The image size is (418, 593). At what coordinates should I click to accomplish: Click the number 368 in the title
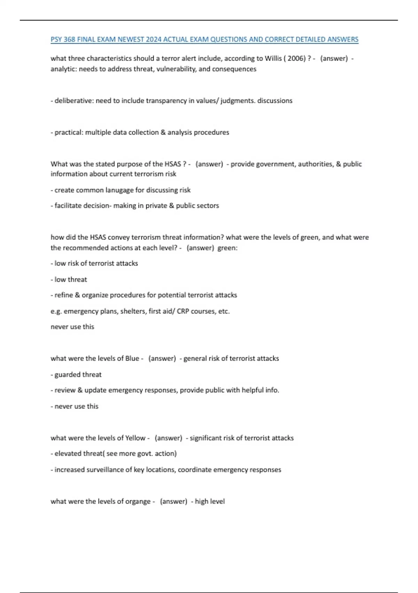tap(69, 39)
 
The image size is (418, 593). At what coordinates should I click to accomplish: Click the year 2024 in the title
tap(154, 39)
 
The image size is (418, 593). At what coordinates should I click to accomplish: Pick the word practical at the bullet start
tap(68, 133)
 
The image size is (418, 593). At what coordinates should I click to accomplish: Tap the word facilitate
tap(68, 206)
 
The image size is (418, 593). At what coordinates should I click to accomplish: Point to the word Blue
tap(132, 359)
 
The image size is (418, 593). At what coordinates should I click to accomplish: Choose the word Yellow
tap(135, 438)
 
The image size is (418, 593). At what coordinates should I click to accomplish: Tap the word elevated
tap(68, 454)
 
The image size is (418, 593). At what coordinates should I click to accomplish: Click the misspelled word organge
tap(138, 502)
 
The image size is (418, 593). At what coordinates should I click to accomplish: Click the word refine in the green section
tap(64, 295)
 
